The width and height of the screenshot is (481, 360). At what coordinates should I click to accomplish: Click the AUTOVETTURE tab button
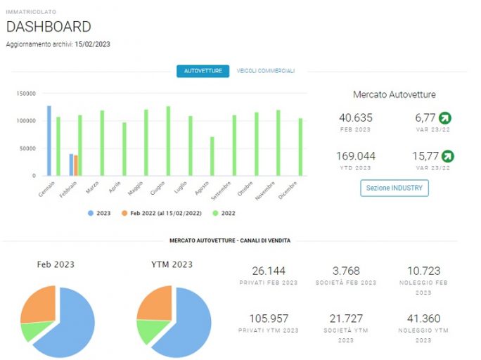[x=203, y=71]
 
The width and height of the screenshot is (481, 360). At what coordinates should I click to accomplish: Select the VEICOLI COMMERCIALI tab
[x=265, y=71]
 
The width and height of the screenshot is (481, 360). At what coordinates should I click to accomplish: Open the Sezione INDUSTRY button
[x=395, y=188]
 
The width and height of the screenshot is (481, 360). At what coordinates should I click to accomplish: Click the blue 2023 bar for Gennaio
[x=49, y=141]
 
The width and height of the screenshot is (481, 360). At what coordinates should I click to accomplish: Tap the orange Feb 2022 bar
[x=76, y=166]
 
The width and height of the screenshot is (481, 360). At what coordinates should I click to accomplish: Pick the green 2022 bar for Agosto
[x=212, y=156]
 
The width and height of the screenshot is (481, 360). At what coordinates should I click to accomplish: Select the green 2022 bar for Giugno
[x=168, y=141]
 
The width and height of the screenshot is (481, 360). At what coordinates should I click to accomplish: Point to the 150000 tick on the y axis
[x=26, y=94]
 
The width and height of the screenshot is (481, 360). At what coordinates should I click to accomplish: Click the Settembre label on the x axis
[x=222, y=191]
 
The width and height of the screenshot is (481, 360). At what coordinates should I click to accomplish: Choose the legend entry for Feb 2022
[x=162, y=213]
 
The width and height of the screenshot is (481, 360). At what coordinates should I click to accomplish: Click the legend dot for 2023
[x=91, y=213]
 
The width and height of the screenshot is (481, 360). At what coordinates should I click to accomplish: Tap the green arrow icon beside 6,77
[x=445, y=117]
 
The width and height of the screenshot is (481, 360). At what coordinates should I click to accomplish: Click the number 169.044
[x=356, y=156]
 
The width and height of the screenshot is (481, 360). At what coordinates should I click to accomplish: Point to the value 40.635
[x=356, y=117]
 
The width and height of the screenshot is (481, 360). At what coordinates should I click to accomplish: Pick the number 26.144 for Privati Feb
[x=269, y=271]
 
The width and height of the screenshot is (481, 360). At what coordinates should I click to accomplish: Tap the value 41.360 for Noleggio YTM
[x=423, y=319]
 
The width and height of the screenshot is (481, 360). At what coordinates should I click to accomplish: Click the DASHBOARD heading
[x=49, y=27]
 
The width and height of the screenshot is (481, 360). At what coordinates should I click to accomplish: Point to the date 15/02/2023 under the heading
[x=92, y=44]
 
